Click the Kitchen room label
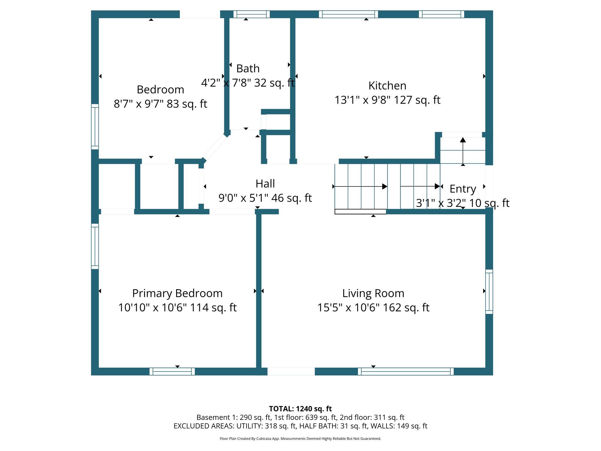(x=387, y=86)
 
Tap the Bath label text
(x=248, y=69)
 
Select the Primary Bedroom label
(x=177, y=293)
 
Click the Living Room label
(x=373, y=293)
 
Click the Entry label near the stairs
(x=463, y=189)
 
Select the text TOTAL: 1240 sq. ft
(x=300, y=409)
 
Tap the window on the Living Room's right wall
(x=489, y=292)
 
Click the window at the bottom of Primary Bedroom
(x=172, y=371)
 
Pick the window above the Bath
(x=251, y=14)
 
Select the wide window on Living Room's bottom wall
(x=406, y=371)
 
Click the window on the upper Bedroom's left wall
(x=95, y=127)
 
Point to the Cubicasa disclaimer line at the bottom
(x=300, y=439)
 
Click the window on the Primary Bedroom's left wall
(x=95, y=246)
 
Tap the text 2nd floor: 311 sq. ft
(x=372, y=418)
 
